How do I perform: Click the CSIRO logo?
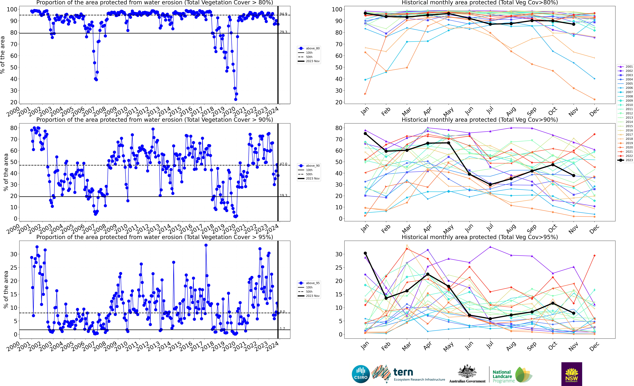coord(361,374)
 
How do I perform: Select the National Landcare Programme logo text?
coord(502,376)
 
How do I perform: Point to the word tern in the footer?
coord(403,372)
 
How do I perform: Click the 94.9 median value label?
coord(283,14)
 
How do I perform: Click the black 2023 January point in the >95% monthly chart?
coord(365,253)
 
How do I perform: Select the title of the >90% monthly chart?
coord(480,120)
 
